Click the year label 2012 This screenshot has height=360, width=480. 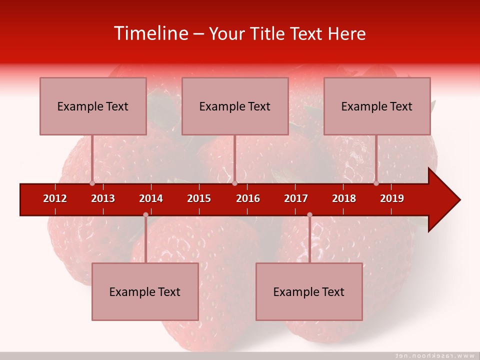click(55, 198)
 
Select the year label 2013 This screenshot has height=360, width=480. click(103, 198)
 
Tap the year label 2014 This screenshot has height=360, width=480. click(151, 198)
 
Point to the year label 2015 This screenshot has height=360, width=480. click(199, 198)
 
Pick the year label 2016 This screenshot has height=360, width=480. click(248, 198)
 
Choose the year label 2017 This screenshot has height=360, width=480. click(296, 198)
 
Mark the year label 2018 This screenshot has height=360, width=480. click(344, 198)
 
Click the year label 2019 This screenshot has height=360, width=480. click(392, 198)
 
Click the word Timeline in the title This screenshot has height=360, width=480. click(150, 33)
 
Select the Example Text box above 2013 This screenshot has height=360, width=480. click(93, 106)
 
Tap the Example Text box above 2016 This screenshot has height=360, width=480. click(235, 106)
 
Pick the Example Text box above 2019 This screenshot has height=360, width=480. click(377, 106)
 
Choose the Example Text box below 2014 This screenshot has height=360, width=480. click(145, 291)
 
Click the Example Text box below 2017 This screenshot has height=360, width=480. click(309, 291)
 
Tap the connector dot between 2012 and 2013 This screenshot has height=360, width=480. click(92, 183)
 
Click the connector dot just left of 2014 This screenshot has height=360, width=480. click(145, 214)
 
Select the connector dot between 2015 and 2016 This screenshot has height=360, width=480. click(234, 183)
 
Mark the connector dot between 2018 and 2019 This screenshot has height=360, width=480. click(376, 183)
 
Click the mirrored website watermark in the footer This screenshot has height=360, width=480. click(434, 355)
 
